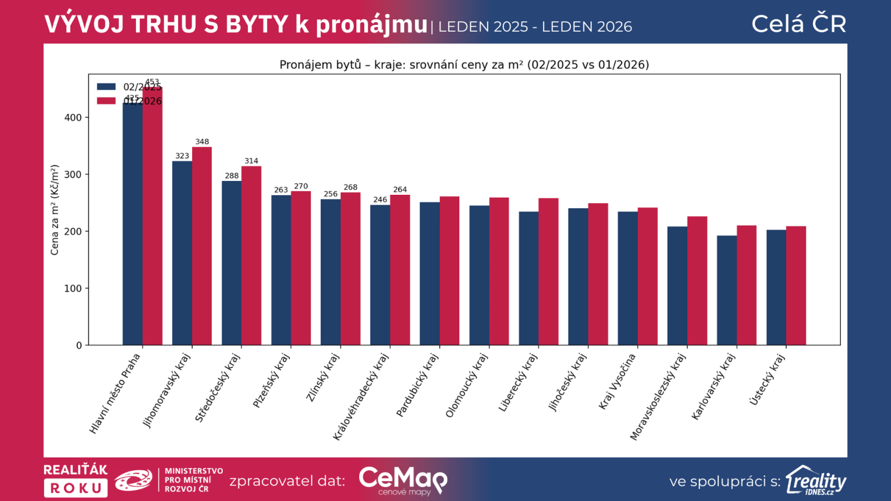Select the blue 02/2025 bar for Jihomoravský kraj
point(182,253)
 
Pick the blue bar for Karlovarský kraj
point(727,290)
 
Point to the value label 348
point(202,142)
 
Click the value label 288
point(232,176)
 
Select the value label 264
point(400,190)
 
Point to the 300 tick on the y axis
point(73,174)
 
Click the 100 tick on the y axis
point(73,288)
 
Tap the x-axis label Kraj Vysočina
point(617,382)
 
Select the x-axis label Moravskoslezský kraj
point(658,397)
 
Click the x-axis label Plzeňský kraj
point(271,381)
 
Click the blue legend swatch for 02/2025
point(106,87)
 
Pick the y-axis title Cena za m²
point(55,210)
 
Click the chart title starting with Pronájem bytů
point(464,65)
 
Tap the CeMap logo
point(403,480)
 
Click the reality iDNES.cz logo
point(816,480)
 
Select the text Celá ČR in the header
point(799,24)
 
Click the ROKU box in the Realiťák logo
point(76,488)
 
